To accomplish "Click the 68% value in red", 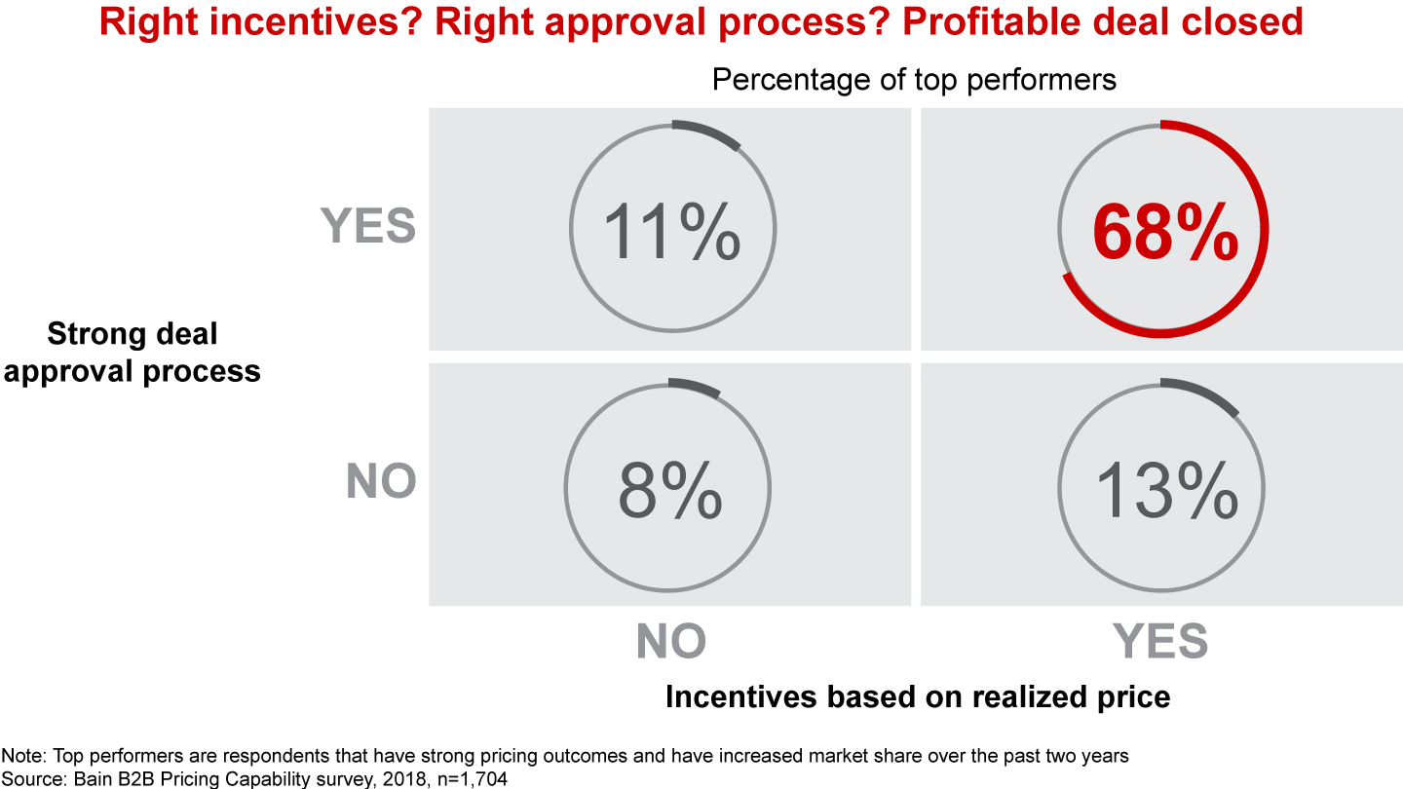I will coord(1165,234).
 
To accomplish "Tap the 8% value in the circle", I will coord(670,489).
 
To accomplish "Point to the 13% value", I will coord(1165,489).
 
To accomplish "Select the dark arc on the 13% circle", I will coord(1204,394).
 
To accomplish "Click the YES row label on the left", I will coord(368,227).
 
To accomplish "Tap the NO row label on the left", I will coord(381,481).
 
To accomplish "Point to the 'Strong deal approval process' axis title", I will coord(133,353).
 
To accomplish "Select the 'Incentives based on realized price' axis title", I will coord(917,696).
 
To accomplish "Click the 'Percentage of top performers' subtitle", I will coord(914,79).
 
